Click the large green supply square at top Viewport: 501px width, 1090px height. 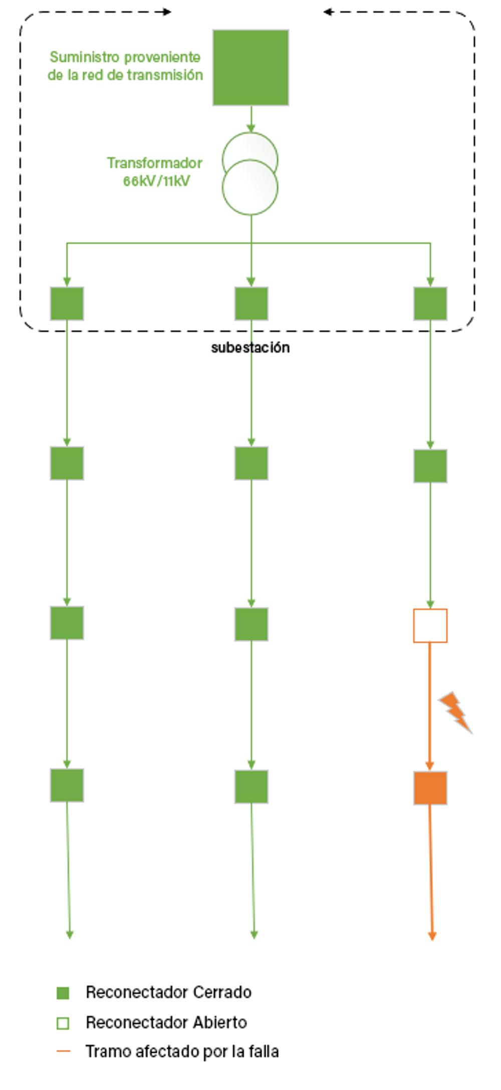[x=250, y=68]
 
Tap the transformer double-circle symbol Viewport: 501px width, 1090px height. [x=250, y=174]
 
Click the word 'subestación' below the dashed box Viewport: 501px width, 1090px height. [x=250, y=348]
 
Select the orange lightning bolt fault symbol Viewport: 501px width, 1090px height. [x=455, y=712]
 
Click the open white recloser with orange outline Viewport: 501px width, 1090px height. [x=430, y=626]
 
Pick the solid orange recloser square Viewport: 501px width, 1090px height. [x=430, y=788]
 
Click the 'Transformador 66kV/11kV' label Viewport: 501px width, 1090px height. [x=155, y=172]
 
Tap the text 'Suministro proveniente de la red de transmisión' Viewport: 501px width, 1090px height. [x=125, y=66]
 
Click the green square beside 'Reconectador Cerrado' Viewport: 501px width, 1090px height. [x=63, y=993]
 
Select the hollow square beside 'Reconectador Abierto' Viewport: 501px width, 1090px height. [x=63, y=1023]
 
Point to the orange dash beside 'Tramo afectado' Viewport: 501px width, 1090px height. [x=64, y=1051]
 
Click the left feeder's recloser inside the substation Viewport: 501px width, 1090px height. [x=67, y=304]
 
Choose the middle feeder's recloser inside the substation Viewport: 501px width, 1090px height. [x=252, y=304]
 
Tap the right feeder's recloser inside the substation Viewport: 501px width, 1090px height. [x=430, y=304]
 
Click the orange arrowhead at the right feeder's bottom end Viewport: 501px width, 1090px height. [x=432, y=936]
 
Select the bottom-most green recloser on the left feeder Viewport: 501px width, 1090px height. [x=67, y=785]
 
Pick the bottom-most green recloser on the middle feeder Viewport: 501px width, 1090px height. [x=252, y=786]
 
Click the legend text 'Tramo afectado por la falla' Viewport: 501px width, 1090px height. [x=182, y=1051]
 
